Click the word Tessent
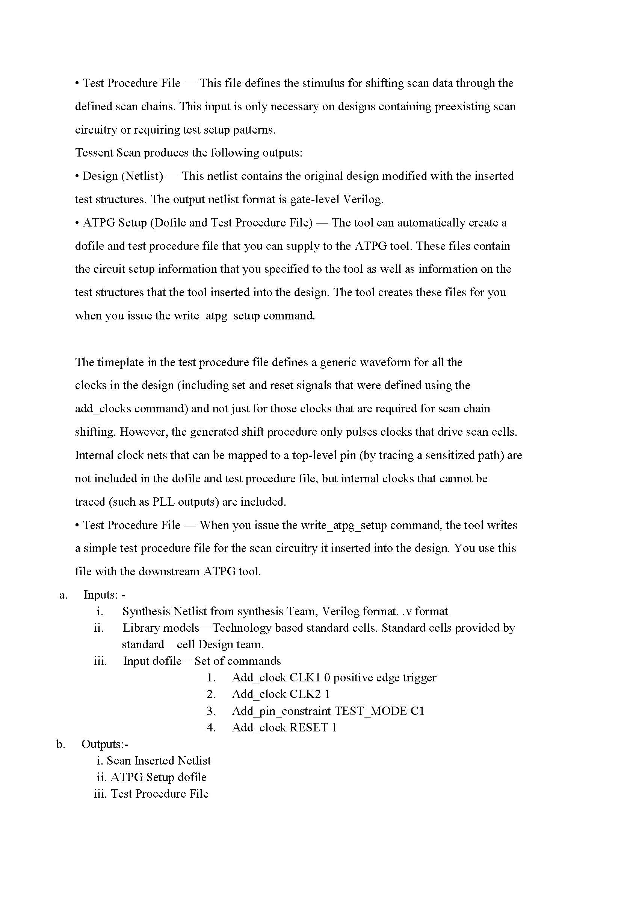(94, 152)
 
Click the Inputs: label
(101, 595)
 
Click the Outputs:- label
(105, 744)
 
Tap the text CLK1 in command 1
(305, 678)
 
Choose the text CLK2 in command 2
(305, 694)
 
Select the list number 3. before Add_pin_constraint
(211, 711)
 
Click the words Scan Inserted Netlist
(159, 761)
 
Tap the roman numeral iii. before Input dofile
(100, 661)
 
